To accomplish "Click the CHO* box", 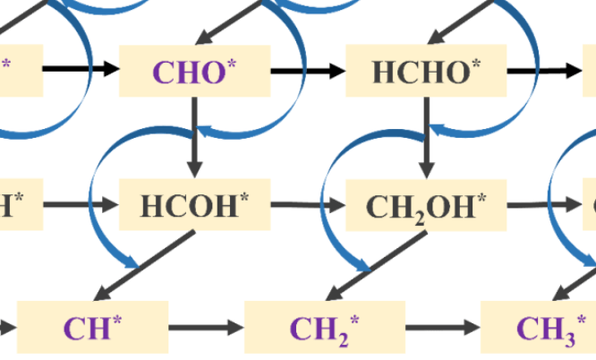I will tap(195, 71).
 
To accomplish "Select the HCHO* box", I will tap(426, 71).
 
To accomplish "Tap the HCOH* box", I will tap(194, 205).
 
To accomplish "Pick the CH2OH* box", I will tap(426, 205).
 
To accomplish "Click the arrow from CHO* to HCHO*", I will tap(308, 70).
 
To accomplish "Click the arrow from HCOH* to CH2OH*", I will tap(308, 205).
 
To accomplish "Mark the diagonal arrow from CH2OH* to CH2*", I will tap(377, 265).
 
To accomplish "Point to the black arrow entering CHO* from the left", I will tap(81, 70).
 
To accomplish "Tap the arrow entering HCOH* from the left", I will tap(81, 205).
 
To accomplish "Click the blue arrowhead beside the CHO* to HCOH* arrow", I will tap(207, 132).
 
